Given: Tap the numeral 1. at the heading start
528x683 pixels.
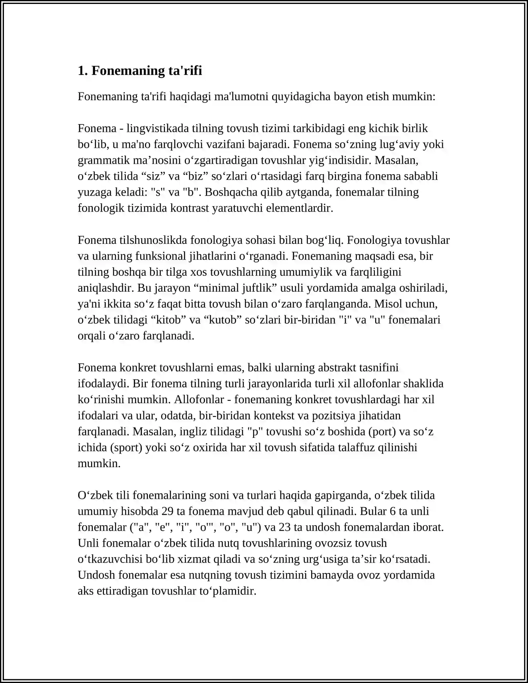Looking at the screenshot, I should pos(82,71).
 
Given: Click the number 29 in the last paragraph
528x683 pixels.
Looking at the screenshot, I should pos(167,511).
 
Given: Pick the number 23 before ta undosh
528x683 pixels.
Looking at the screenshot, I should pos(284,527).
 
